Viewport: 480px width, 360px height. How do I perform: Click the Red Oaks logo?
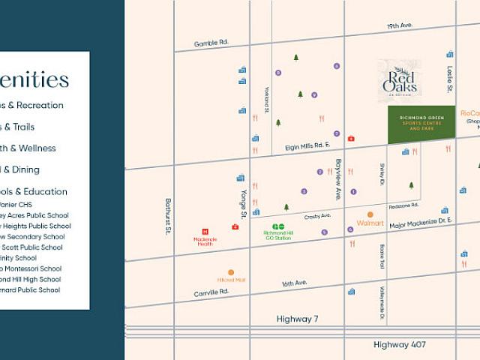coord(400,81)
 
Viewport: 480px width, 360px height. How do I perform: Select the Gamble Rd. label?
coord(211,43)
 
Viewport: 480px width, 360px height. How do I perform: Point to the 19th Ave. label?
coord(400,26)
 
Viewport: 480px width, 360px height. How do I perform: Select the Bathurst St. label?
coord(168,217)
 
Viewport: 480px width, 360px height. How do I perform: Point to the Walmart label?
coord(370,223)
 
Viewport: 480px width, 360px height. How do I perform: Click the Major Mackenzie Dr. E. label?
coord(421,222)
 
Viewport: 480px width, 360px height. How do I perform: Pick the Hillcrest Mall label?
coord(231,280)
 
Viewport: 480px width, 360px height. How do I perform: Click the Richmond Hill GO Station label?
coord(278,235)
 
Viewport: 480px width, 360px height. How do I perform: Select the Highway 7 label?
coord(297,319)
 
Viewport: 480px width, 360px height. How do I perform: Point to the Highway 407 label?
coord(400,344)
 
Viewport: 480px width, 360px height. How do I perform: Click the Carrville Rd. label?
coord(210,292)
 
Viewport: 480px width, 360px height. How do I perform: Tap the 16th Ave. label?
coord(295,283)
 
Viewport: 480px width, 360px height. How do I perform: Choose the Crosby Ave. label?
coord(318,216)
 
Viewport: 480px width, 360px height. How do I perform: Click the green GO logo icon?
coord(278,226)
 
